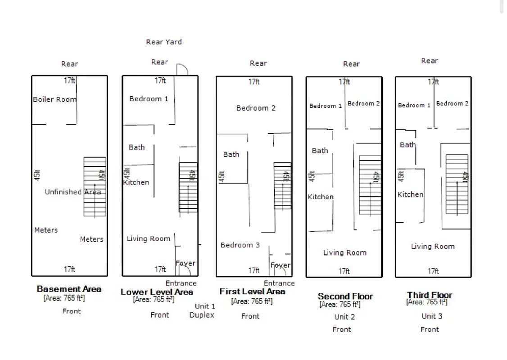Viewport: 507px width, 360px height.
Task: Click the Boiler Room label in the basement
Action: point(54,99)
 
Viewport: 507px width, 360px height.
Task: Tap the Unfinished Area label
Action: point(72,192)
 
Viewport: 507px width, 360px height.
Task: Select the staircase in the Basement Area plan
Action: point(95,187)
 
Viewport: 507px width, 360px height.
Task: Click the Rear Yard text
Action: point(164,42)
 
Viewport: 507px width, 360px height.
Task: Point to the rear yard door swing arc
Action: point(182,70)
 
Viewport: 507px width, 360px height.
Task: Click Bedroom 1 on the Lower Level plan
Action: point(149,99)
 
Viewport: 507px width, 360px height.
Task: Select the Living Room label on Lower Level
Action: point(149,239)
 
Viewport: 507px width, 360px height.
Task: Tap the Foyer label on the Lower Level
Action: point(186,263)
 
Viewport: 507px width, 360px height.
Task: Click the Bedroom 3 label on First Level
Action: point(240,245)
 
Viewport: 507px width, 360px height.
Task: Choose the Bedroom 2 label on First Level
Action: point(256,108)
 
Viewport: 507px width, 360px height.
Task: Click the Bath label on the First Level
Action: point(231,154)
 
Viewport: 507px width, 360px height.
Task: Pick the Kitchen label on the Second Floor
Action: point(321,197)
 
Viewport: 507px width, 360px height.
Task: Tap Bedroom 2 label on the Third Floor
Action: point(452,103)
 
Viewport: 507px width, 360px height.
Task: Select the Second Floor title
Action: point(345,296)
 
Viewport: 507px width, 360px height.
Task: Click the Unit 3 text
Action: point(432,316)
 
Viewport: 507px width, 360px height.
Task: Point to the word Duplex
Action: point(202,315)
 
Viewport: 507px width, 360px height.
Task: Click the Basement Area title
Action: point(69,289)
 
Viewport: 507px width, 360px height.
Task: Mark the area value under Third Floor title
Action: point(427,302)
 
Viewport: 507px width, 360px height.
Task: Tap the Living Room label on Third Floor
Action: point(433,247)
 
